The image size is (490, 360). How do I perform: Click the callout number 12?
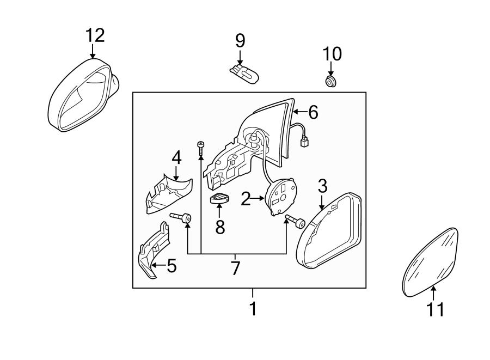pos(94,35)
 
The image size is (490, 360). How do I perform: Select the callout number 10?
pos(332,54)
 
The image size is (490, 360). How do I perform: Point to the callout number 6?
pos(313,112)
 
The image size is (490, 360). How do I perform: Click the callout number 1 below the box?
pos(253,309)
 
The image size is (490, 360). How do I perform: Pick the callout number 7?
pos(235,268)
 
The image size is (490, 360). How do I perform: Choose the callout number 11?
pos(435,309)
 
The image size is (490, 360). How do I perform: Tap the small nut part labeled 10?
pos(330,82)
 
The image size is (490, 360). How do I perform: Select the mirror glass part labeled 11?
pos(431,262)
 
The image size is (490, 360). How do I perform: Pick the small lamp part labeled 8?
pos(219,200)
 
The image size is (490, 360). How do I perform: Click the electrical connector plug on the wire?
pos(305,143)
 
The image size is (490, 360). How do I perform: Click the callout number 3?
pos(322,187)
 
